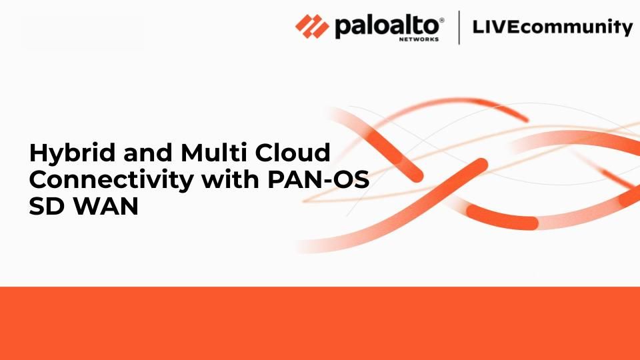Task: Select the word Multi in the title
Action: tap(213, 152)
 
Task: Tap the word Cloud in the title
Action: tap(293, 152)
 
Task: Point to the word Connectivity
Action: tap(111, 180)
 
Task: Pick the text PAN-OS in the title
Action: tap(319, 179)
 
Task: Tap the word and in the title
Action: tap(148, 152)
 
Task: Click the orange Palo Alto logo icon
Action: tap(312, 27)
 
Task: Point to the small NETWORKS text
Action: tap(419, 39)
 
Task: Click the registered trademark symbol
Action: tap(441, 20)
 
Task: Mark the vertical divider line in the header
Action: tap(459, 27)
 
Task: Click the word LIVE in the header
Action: tap(496, 27)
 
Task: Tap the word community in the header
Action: tap(577, 28)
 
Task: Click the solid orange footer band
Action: tap(320, 323)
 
